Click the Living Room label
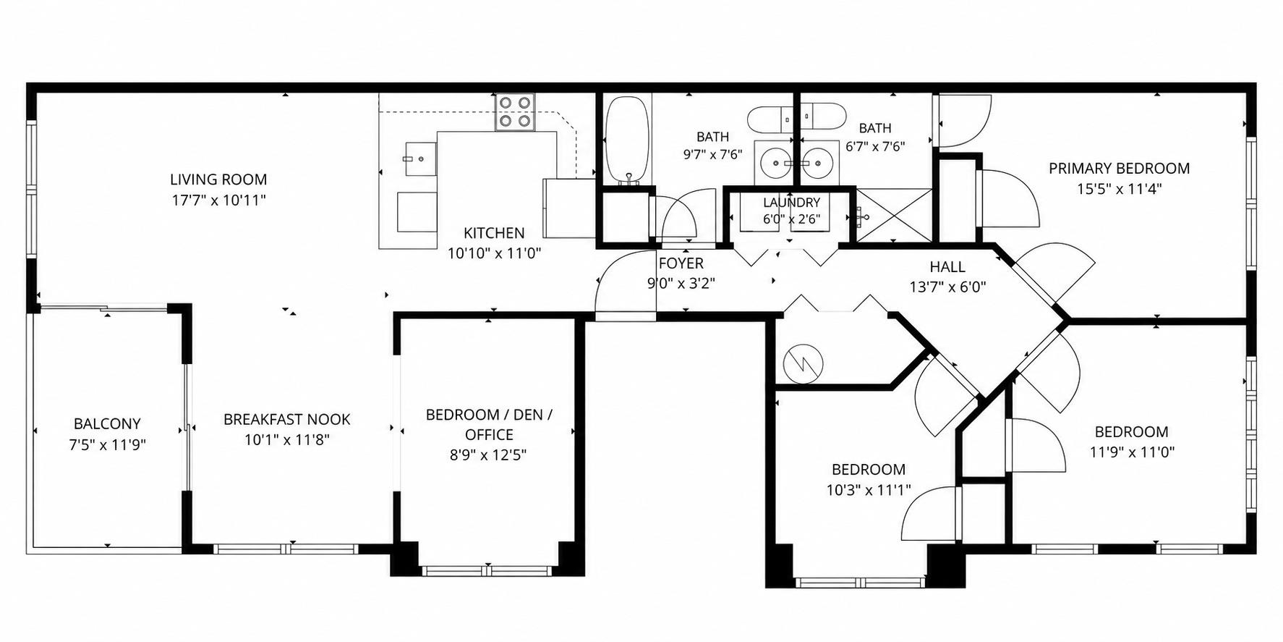tap(218, 179)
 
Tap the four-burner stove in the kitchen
tap(515, 112)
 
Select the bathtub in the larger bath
tap(628, 140)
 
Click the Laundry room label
tap(791, 203)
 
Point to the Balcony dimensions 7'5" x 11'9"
tap(107, 444)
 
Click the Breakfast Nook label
tap(286, 419)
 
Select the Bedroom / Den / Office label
tap(489, 424)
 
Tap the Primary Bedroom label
tap(1119, 169)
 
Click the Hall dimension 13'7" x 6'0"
tap(947, 287)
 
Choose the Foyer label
tap(681, 263)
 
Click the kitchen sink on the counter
tap(419, 159)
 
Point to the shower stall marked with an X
tap(894, 216)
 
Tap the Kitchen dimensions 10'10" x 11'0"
tap(494, 253)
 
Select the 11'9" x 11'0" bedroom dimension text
tap(1132, 452)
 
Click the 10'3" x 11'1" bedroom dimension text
tap(868, 490)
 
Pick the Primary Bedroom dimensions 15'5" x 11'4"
tap(1119, 189)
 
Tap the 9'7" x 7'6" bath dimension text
tap(712, 153)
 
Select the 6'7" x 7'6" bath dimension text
tap(875, 145)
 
